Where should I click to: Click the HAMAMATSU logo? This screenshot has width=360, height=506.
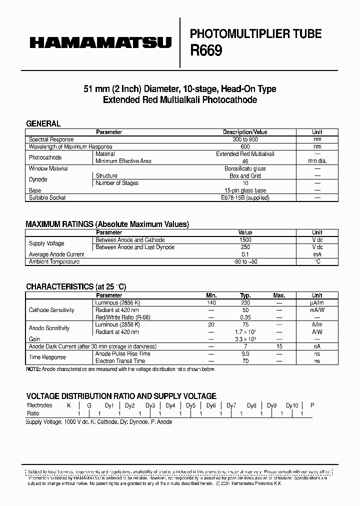point(100,43)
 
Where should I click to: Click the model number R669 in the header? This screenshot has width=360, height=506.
point(206,51)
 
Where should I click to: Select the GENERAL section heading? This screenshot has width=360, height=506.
point(43,123)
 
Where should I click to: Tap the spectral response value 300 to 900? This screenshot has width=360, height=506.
point(244,139)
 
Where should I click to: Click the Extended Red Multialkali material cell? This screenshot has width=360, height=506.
point(245,154)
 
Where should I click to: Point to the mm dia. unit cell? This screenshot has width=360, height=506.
point(317,161)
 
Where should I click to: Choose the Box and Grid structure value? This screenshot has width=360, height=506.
point(245,176)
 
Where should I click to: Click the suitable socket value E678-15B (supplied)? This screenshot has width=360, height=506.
point(245,197)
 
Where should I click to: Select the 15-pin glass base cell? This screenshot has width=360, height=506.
point(245,190)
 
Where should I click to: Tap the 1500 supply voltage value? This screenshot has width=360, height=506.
point(245,240)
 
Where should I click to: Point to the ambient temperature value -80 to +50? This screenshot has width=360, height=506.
point(245,261)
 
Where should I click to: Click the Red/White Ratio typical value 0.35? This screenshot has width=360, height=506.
point(245,317)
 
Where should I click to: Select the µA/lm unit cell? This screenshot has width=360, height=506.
point(317,302)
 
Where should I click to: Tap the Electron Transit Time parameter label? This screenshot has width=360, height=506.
point(120,360)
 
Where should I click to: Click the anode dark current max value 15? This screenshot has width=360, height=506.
point(280,346)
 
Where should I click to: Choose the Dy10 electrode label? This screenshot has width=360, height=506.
point(292,405)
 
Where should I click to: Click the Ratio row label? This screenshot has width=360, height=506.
point(33,413)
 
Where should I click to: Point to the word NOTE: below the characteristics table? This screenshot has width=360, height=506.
point(34,369)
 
